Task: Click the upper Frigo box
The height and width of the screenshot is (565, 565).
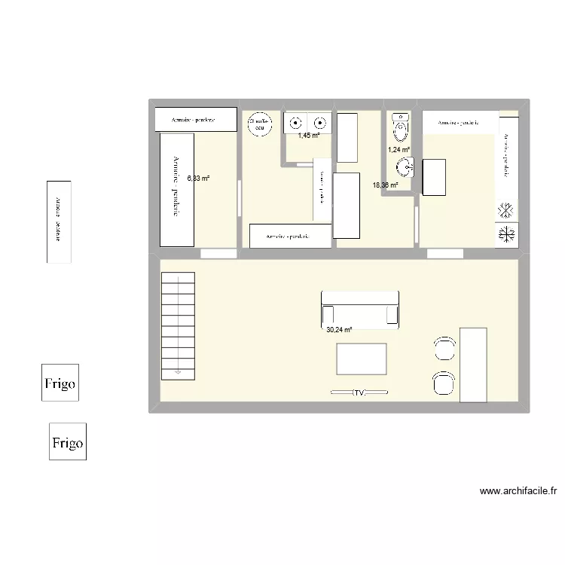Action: pyautogui.click(x=60, y=383)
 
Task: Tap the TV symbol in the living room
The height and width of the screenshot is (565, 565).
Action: pyautogui.click(x=360, y=392)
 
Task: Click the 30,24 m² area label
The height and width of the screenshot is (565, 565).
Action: pyautogui.click(x=339, y=330)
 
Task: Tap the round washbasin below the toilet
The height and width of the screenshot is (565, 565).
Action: pyautogui.click(x=405, y=166)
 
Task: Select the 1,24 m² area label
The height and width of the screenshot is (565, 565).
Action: pyautogui.click(x=399, y=150)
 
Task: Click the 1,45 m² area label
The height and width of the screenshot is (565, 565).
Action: pyautogui.click(x=308, y=136)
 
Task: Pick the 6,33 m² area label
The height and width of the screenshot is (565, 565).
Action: pyautogui.click(x=198, y=179)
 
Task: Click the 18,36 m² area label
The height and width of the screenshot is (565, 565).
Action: pyautogui.click(x=385, y=185)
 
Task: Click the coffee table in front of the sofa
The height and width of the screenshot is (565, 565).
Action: pyautogui.click(x=362, y=359)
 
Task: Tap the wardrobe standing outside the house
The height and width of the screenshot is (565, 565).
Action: pyautogui.click(x=59, y=221)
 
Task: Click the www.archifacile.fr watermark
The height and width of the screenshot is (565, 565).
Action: pyautogui.click(x=518, y=491)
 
